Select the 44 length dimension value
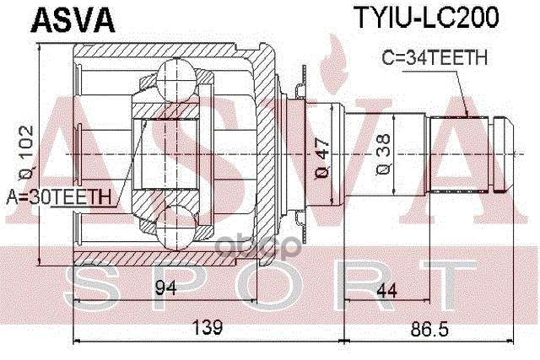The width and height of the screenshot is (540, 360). tap(389, 291)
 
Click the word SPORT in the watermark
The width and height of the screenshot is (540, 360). tap(270, 285)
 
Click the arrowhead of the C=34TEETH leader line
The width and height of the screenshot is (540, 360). tap(467, 115)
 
